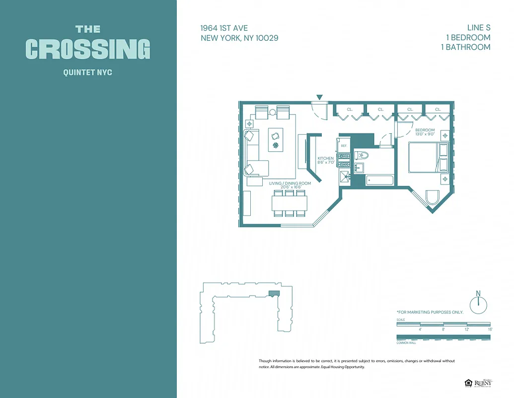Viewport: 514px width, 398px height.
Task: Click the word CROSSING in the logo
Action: pyautogui.click(x=88, y=49)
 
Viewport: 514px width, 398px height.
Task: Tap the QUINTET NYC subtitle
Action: pyautogui.click(x=88, y=73)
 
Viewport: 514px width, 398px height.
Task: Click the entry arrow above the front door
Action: pyautogui.click(x=319, y=98)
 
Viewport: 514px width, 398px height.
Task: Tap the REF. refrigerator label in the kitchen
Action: pyautogui.click(x=344, y=146)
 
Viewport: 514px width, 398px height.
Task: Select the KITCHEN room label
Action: pyautogui.click(x=326, y=159)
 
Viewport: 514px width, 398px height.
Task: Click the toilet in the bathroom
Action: pyautogui.click(x=361, y=156)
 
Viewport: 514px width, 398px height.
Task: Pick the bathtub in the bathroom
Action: pyautogui.click(x=379, y=180)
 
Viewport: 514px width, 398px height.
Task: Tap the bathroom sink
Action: pyautogui.click(x=359, y=169)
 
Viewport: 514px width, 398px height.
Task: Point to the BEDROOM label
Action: pyautogui.click(x=425, y=130)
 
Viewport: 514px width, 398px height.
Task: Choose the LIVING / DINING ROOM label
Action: pyautogui.click(x=290, y=184)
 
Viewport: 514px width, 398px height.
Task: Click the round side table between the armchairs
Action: pyautogui.click(x=273, y=112)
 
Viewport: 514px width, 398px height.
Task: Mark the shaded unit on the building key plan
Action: pyautogui.click(x=273, y=294)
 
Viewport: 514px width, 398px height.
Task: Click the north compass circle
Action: pyautogui.click(x=479, y=304)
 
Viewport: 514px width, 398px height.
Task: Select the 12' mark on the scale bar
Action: pyautogui.click(x=467, y=329)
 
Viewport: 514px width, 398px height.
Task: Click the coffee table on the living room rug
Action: pyautogui.click(x=276, y=139)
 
